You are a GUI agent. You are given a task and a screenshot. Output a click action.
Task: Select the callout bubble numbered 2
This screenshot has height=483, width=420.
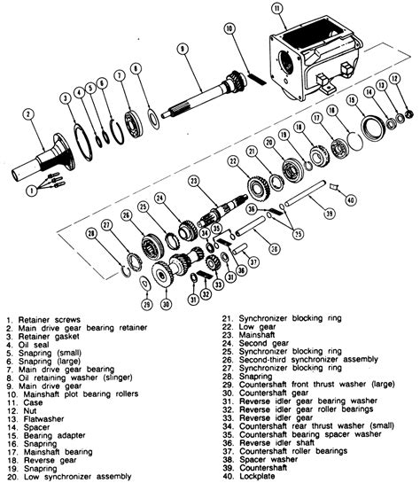pyautogui.click(x=27, y=114)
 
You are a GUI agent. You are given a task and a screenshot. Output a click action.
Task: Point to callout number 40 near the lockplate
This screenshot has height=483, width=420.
pyautogui.click(x=350, y=201)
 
